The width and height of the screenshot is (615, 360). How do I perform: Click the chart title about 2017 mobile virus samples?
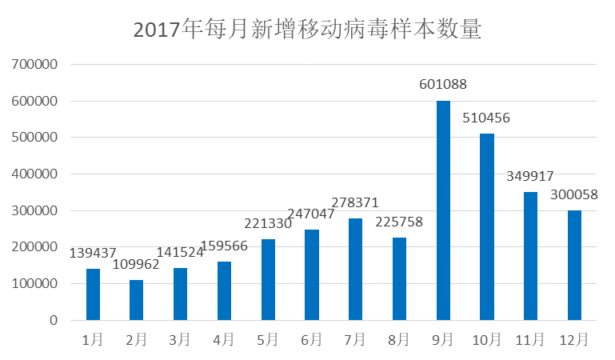(307, 30)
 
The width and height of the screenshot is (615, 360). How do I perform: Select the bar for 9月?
(443, 210)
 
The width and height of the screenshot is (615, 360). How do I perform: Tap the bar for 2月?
(136, 300)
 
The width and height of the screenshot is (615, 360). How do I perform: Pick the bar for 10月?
(487, 227)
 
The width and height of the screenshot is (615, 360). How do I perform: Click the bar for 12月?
(574, 266)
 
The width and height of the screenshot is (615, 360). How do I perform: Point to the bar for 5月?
(267, 280)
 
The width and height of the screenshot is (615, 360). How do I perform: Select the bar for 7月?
(355, 270)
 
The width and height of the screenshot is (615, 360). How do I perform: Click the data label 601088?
(443, 84)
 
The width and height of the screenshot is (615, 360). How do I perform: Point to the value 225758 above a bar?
(399, 222)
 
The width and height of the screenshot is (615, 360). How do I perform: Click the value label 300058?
(574, 194)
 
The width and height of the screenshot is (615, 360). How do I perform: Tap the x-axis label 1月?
(93, 340)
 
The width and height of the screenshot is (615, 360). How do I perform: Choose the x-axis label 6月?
(311, 340)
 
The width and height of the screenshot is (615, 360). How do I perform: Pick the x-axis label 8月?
(399, 340)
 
